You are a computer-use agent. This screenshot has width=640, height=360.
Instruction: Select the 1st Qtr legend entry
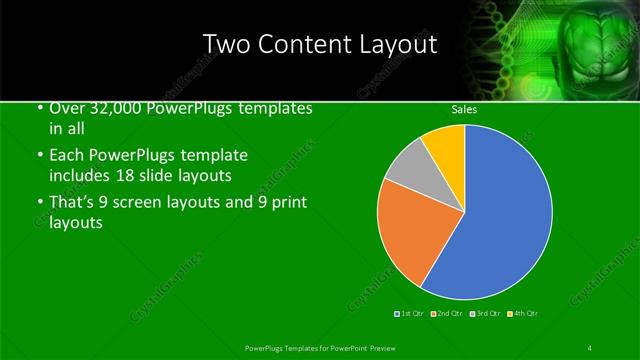410,314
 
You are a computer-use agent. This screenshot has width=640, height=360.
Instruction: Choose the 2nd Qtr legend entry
447,314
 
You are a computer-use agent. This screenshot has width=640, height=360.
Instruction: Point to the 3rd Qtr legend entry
485,314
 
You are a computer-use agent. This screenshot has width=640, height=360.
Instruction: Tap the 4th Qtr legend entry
523,314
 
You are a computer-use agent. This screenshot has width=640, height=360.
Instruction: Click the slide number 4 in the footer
590,347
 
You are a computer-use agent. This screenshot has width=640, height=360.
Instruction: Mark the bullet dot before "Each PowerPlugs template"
39,156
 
